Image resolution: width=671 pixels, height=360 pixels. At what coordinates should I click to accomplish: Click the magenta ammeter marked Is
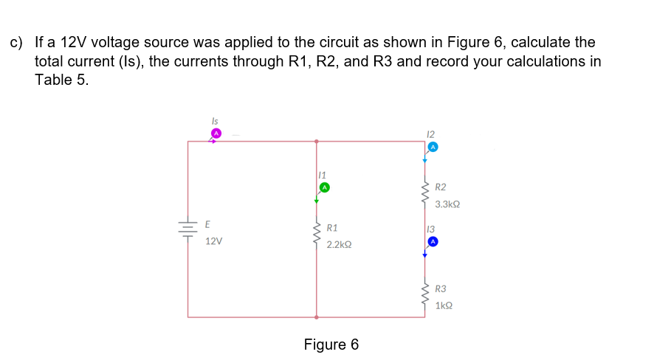point(216,133)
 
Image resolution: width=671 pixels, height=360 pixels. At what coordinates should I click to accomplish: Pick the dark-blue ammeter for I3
point(433,241)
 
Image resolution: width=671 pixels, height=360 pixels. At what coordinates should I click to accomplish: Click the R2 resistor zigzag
point(425,194)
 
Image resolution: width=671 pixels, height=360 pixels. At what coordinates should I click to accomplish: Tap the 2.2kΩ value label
point(340,243)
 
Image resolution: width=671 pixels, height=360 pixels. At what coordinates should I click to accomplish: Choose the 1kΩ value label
point(444,305)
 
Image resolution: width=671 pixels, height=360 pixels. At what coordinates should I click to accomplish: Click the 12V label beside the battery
point(214,241)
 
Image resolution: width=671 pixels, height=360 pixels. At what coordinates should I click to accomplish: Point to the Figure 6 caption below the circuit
point(331,345)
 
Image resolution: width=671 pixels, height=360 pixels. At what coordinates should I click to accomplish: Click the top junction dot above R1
point(317,141)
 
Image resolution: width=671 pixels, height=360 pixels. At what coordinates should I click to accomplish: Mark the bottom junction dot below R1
point(317,317)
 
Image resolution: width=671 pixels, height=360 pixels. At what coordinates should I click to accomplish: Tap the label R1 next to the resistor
point(332,228)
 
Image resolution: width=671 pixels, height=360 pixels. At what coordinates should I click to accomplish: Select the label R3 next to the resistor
point(441,289)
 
